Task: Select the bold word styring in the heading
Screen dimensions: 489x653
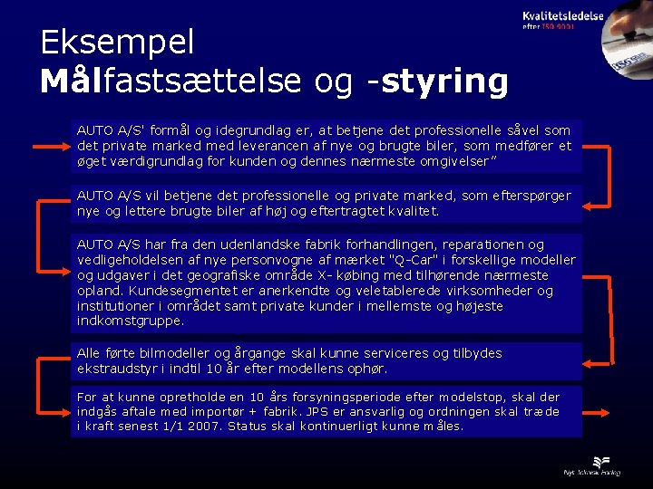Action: point(444,81)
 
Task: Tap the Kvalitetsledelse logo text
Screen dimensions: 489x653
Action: point(563,16)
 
